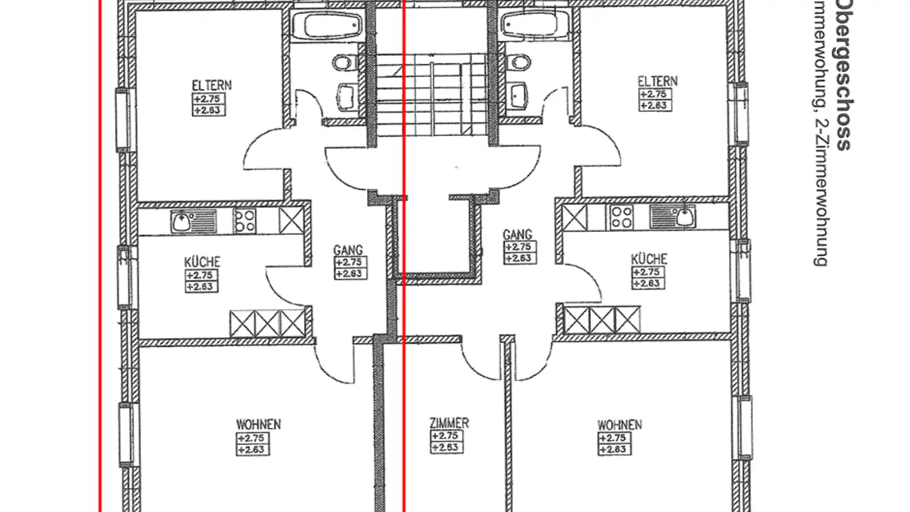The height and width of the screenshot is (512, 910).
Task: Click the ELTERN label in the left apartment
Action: click(x=212, y=85)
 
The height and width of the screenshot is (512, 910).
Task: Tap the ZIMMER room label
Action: click(x=449, y=423)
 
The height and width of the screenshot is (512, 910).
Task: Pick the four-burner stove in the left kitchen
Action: click(x=245, y=221)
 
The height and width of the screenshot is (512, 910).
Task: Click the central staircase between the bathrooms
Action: click(x=431, y=95)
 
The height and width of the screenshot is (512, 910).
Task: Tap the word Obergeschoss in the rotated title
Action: click(x=842, y=76)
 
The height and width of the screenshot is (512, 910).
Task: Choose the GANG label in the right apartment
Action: click(x=518, y=235)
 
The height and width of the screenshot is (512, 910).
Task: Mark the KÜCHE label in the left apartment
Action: click(x=202, y=262)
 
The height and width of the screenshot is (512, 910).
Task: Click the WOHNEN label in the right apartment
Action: click(x=619, y=424)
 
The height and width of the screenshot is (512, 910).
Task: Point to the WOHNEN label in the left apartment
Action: click(x=258, y=424)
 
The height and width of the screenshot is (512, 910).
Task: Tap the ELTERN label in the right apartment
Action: click(x=657, y=82)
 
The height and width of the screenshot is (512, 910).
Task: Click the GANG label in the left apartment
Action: click(x=348, y=251)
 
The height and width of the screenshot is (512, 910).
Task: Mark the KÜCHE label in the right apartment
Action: click(x=649, y=259)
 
